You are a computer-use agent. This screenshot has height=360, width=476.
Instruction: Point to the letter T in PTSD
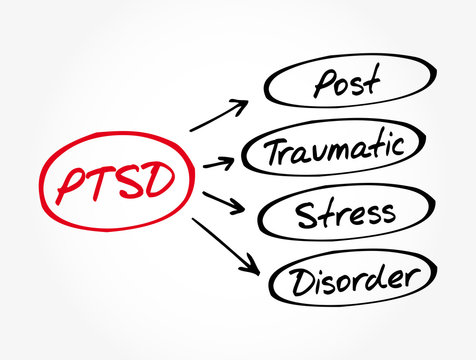[x=98, y=180]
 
